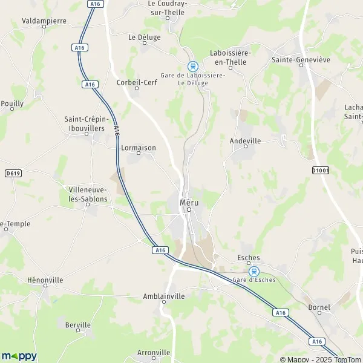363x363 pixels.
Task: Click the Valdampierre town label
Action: click(44, 20)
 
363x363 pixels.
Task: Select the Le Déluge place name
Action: click(145, 37)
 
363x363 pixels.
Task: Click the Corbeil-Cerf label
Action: click(137, 82)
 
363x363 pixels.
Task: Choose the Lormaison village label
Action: click(138, 147)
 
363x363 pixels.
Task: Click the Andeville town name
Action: click(245, 140)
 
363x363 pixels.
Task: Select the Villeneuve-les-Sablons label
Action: click(88, 194)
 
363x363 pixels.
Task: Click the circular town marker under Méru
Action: click(188, 209)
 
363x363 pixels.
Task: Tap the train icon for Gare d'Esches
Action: click(254, 271)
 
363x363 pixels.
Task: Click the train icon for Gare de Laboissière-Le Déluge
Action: click(192, 66)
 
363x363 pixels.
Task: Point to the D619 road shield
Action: click(12, 173)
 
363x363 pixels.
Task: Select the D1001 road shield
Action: click(321, 170)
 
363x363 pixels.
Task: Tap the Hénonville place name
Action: click(45, 280)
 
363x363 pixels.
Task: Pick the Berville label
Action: click(77, 325)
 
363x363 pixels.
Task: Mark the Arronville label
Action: click(154, 352)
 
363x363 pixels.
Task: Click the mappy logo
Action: click(19, 356)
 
